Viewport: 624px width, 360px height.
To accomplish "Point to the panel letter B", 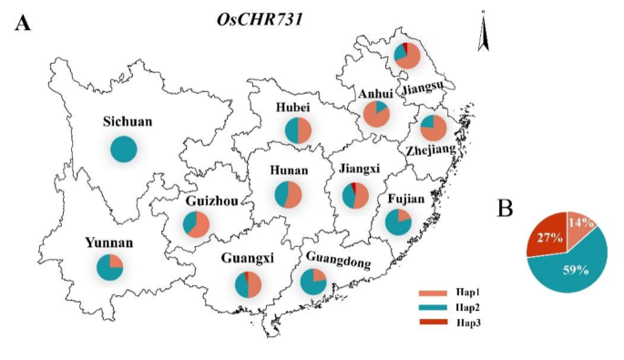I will click(507, 209).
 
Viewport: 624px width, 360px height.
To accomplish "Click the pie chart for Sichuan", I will click(123, 149).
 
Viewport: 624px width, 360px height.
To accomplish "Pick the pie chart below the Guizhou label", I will click(197, 224).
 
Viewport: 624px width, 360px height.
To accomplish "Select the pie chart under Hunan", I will click(287, 195).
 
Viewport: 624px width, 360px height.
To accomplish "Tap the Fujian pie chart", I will click(397, 221).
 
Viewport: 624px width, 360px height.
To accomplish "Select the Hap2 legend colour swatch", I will click(431, 308).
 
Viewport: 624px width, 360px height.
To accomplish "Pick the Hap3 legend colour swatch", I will click(431, 322).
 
